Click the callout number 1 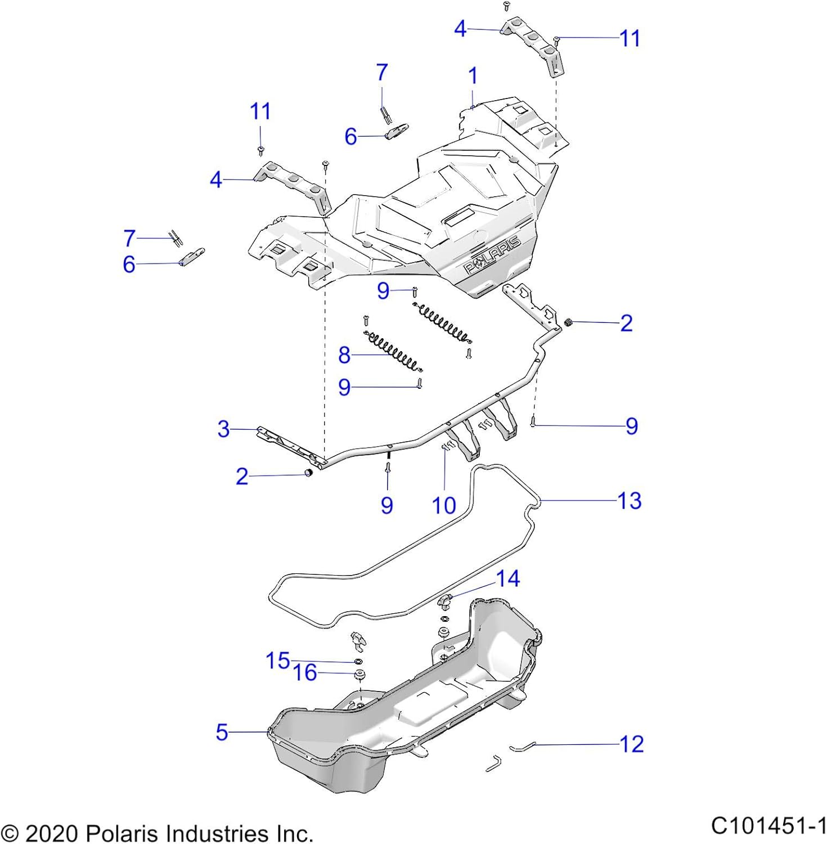473,76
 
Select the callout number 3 223,429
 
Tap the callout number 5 222,732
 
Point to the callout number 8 344,355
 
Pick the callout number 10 444,505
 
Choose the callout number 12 631,744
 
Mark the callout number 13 630,500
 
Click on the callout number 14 508,578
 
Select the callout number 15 278,661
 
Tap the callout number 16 305,672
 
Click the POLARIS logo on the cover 492,255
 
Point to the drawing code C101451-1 768,826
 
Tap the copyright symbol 10,834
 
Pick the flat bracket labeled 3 291,446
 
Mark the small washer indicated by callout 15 358,661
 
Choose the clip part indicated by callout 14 445,601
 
